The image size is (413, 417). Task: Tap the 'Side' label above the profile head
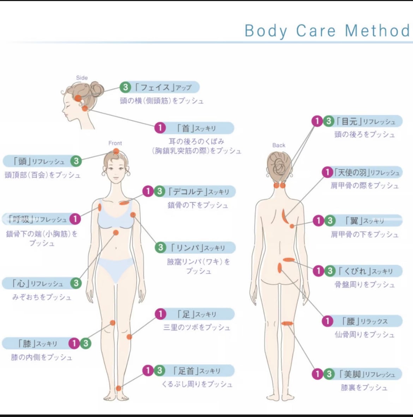[82, 78]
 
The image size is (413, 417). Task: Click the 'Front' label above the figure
[115, 143]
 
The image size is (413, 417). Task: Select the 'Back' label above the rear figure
[279, 145]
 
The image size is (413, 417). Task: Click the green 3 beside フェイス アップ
[125, 87]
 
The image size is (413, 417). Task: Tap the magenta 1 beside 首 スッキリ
[160, 128]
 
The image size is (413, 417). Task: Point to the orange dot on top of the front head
[116, 151]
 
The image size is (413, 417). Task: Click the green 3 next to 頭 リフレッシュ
[76, 161]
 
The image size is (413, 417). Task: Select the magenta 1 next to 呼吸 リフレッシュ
[75, 219]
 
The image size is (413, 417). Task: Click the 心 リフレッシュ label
[38, 283]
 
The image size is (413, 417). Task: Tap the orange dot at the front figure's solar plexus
[115, 233]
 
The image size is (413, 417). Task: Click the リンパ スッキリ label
[198, 248]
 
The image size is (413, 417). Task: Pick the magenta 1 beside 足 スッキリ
[160, 314]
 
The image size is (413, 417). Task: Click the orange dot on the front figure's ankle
[119, 388]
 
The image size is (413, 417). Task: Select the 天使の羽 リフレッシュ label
[367, 172]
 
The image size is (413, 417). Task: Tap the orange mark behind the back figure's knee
[287, 323]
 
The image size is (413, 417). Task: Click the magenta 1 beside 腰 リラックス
[327, 321]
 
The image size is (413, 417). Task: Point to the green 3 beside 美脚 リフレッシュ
[329, 374]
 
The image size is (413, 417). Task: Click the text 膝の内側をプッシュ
[41, 357]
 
